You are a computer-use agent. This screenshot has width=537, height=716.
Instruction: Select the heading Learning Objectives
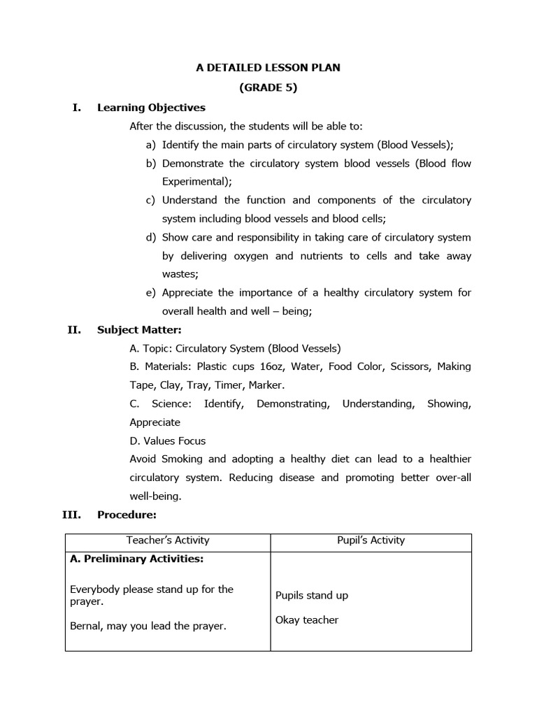(151, 107)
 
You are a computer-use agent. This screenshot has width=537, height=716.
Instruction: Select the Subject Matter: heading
(139, 330)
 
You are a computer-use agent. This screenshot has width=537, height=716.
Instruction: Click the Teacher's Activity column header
(168, 540)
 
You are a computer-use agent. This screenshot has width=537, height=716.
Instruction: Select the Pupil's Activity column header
(371, 540)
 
